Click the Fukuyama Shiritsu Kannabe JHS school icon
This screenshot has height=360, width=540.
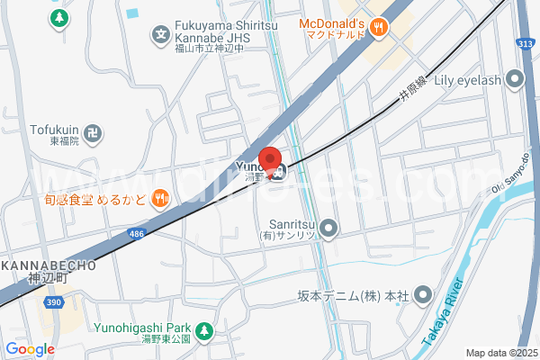(160, 36)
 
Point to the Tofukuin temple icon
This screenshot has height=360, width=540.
(93, 134)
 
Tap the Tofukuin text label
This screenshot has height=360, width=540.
(54, 130)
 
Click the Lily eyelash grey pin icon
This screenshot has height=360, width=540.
(515, 80)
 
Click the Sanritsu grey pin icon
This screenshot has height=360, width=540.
(328, 229)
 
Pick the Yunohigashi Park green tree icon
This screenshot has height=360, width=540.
(204, 331)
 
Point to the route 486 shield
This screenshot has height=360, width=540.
(136, 234)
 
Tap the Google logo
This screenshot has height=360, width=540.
(30, 349)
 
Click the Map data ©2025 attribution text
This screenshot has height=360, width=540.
(500, 353)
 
